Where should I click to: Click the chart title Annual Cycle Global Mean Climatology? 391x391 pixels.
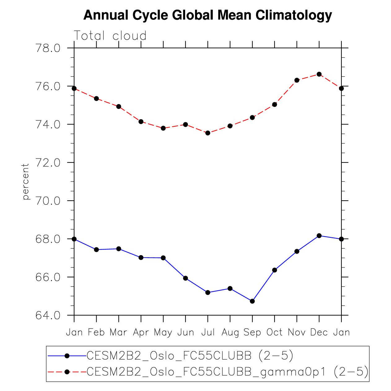[207, 15]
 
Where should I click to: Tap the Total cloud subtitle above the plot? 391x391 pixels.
[110, 36]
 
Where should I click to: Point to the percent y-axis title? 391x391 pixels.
[26, 182]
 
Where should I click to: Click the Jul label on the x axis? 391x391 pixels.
[208, 332]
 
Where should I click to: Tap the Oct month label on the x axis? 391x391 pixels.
[275, 332]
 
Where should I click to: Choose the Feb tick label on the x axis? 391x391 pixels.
[96, 332]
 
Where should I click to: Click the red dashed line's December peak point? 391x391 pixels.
[319, 74]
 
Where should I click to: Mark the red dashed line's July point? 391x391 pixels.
[208, 133]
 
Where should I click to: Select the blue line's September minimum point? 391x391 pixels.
[252, 301]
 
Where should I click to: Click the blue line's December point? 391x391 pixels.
[319, 236]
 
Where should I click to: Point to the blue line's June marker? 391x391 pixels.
[185, 278]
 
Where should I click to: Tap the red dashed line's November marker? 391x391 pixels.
[297, 80]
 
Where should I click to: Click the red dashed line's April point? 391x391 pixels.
[141, 122]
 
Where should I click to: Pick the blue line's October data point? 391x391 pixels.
[275, 270]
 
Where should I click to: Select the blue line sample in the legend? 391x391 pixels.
[67, 356]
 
